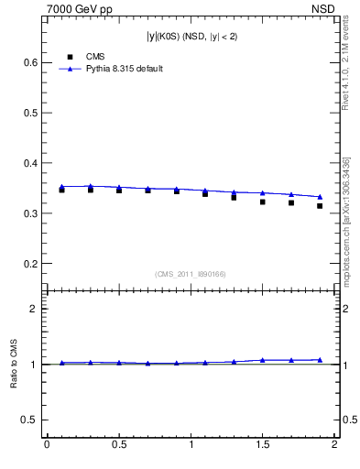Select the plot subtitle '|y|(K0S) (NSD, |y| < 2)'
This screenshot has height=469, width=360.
190,37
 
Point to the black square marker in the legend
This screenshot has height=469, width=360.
70,57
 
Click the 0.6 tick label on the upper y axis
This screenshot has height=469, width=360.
29,62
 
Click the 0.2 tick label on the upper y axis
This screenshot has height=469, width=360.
29,264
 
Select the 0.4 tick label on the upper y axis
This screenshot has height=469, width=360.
29,163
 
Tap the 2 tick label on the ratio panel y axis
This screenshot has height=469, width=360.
32,309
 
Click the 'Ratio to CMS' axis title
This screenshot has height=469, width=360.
15,364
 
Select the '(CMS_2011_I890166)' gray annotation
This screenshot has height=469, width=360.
190,273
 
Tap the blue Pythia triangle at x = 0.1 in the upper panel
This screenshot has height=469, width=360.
62,187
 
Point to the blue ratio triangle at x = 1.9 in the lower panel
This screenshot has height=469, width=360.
320,360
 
